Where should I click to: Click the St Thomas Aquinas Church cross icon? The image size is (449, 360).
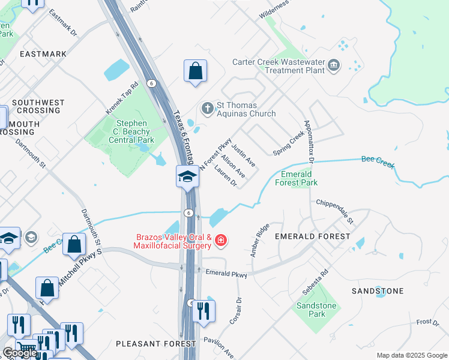pos(207,109)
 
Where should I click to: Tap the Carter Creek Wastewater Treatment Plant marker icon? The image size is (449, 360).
pos(334,65)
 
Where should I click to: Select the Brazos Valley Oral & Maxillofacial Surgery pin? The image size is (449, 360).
pos(221,241)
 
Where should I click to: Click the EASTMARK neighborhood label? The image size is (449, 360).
pos(43,54)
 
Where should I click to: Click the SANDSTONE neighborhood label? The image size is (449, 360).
pos(378,291)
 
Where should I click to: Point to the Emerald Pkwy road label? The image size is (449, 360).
pos(226,274)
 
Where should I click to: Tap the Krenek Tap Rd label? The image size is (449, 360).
pos(122,99)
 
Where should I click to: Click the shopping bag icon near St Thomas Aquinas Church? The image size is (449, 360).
pos(195,71)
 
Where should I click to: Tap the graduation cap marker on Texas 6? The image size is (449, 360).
pos(187,177)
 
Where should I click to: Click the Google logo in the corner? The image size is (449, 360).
pos(20,353)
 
